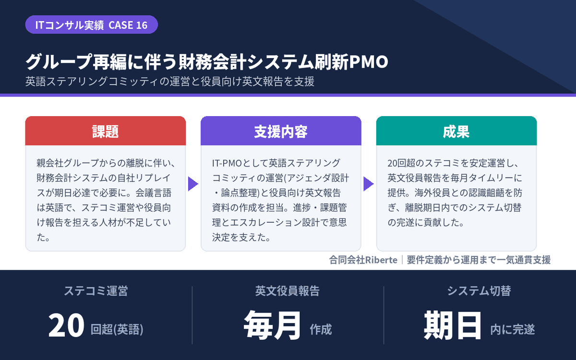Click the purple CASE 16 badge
(92, 24)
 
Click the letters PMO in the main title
(368, 62)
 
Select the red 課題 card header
(106, 131)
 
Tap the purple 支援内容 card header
(281, 131)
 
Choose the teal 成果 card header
(456, 131)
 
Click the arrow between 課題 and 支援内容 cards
(193, 184)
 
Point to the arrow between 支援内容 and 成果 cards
(369, 184)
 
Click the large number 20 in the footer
(66, 325)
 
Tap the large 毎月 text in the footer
(273, 325)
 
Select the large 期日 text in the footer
(453, 325)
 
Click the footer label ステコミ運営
(96, 291)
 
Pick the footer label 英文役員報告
(288, 291)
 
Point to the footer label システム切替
(479, 291)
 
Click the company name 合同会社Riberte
(363, 260)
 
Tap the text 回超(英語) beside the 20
(117, 329)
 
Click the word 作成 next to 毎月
(321, 329)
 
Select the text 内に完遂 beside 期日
(513, 329)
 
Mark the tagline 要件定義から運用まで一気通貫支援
(479, 260)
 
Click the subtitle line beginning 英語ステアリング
(170, 81)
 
